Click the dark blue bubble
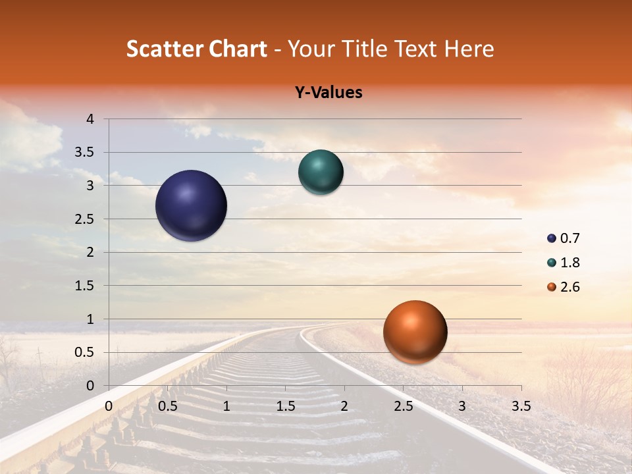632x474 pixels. coord(192,205)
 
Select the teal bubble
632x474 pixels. coord(321,172)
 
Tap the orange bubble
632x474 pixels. coord(415,332)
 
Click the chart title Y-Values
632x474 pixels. coord(329,93)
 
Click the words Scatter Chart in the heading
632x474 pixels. coord(197,49)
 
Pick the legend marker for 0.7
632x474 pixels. coord(552,238)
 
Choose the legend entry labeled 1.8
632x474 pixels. coord(569,263)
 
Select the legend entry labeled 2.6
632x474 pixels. coord(569,287)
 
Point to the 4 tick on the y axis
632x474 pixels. coord(91,119)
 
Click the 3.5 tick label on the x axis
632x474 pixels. coord(521,406)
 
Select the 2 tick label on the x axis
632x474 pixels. coord(344,406)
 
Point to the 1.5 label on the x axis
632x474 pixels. coord(286,406)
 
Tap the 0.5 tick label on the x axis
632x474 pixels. coord(168,406)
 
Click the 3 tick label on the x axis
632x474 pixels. coord(462,406)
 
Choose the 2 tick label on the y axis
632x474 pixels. coord(91,252)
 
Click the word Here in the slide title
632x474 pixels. coord(469,49)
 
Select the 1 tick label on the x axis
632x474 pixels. coord(226,406)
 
